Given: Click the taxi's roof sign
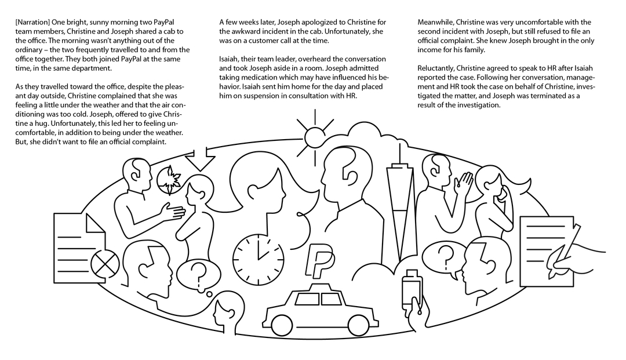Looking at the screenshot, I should (318, 288).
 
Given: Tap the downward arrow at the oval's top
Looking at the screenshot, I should (201, 159).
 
